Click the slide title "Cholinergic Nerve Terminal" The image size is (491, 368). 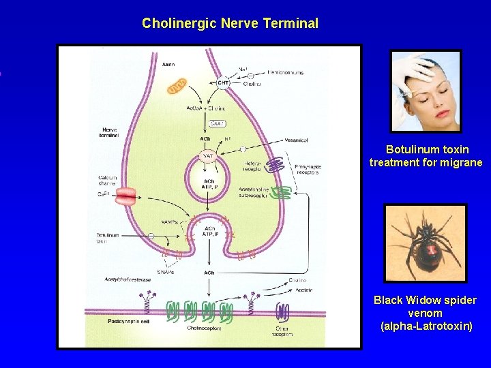point(230,23)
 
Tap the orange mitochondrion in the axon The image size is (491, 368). point(177,87)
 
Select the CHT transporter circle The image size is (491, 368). point(223,83)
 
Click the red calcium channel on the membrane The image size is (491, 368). point(125,197)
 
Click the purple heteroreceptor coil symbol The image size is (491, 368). point(274,166)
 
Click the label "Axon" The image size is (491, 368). point(168,65)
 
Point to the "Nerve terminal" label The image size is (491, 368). point(110,132)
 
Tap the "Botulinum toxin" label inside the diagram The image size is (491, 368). point(108,238)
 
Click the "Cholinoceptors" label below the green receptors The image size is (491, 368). point(203,328)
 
